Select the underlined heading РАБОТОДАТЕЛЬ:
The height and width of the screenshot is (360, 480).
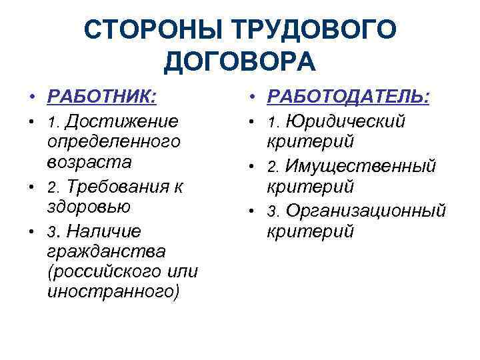tap(349, 97)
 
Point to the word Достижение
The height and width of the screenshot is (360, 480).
tap(124, 121)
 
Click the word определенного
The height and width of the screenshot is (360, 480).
tap(113, 141)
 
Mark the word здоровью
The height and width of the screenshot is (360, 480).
tap(89, 206)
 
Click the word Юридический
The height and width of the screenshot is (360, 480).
tap(346, 121)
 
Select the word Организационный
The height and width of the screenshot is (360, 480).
tap(365, 211)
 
